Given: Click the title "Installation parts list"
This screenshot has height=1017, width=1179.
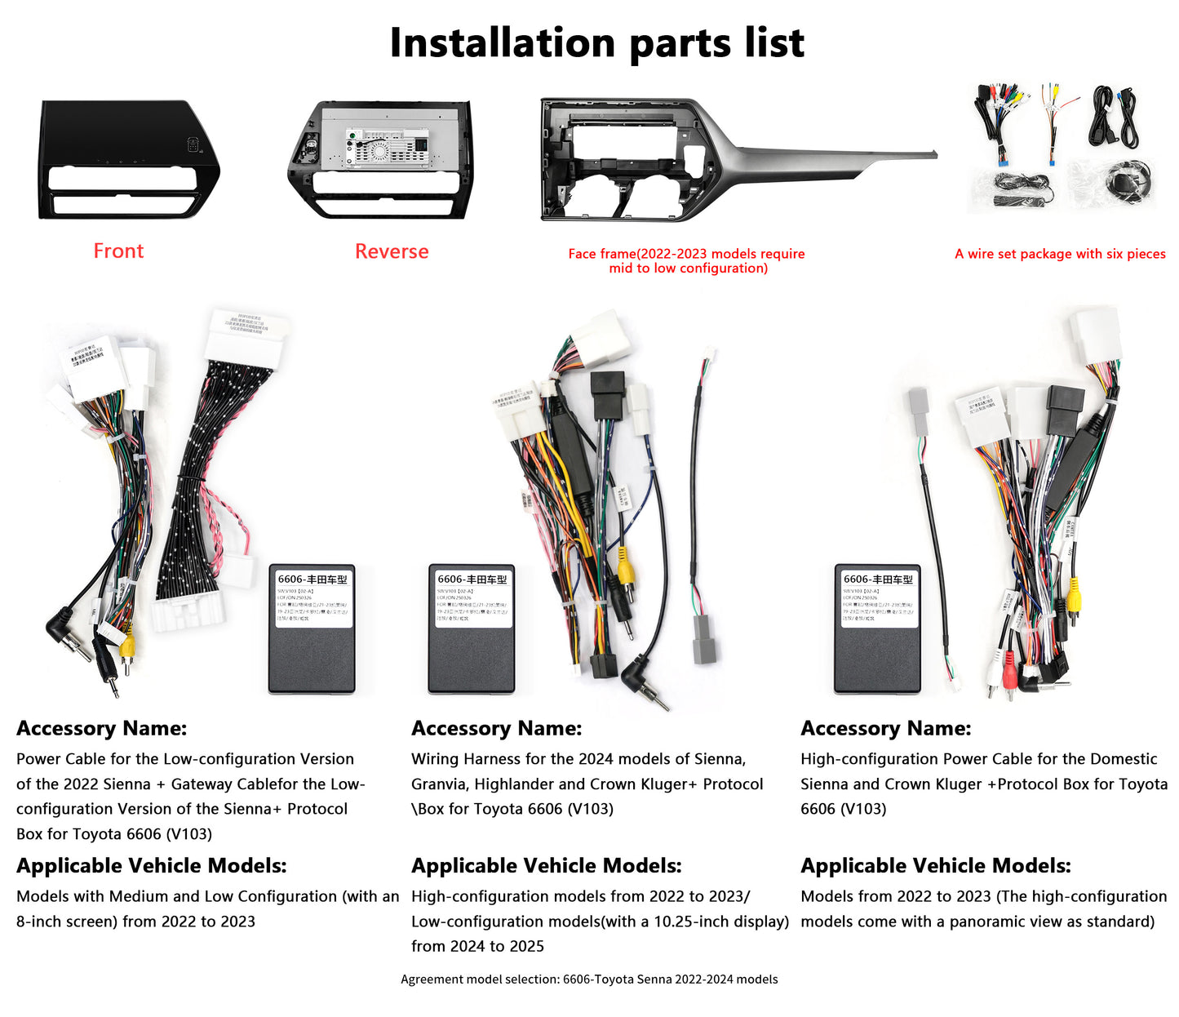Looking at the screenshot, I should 596,43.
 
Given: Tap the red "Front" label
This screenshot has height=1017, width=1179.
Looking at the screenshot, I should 118,251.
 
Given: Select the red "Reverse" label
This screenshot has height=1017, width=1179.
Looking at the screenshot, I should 392,251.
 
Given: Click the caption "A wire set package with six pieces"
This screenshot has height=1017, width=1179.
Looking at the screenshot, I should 1060,254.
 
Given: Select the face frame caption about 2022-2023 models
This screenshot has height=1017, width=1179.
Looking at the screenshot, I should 686,260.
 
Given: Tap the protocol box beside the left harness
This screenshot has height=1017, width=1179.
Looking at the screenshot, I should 312,628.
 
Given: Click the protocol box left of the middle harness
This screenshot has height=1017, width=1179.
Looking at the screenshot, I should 472,628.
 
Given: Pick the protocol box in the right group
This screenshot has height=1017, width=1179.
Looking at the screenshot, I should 877,628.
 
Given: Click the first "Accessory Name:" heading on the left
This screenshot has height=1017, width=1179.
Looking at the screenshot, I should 102,728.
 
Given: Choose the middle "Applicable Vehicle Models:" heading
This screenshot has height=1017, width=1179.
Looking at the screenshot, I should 546,866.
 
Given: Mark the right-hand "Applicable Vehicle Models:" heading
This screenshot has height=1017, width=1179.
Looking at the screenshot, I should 935,866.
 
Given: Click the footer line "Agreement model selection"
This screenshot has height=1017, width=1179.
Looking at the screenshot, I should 589,979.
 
